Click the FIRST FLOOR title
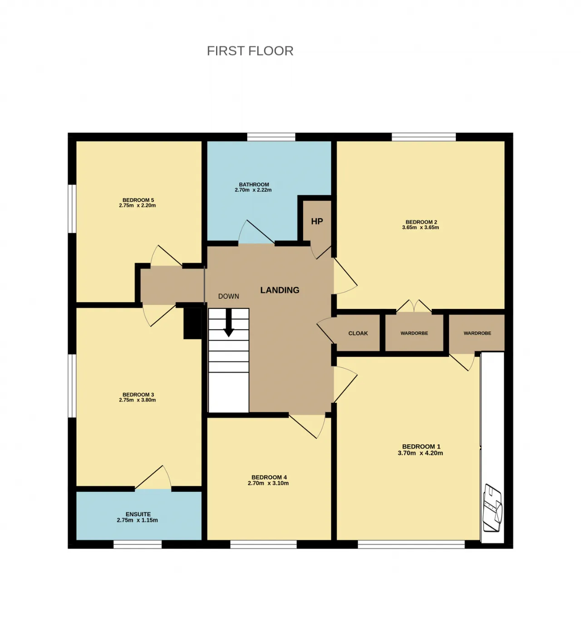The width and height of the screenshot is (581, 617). (250, 51)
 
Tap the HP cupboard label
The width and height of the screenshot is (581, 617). (317, 221)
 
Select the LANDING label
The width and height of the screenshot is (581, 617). (280, 290)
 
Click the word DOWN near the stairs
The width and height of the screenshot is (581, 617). (228, 296)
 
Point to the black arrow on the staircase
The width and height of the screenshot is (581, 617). (229, 323)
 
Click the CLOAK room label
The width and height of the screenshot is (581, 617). (358, 333)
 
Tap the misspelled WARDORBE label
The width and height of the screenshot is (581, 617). (414, 333)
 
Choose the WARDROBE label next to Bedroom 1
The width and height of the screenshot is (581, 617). (477, 333)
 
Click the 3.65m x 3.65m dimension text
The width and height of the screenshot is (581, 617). (420, 227)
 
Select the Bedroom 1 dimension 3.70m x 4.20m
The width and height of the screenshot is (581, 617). (420, 453)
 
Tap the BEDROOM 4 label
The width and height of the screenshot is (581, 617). (269, 477)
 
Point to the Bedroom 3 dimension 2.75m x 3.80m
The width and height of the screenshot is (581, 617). (137, 400)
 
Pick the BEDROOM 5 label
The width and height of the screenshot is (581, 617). (138, 200)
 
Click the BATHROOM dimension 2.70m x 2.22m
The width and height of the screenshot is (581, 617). (253, 190)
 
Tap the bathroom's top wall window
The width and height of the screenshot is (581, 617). (271, 137)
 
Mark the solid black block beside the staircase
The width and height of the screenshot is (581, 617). (193, 323)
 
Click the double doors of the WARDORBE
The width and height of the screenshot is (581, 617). (414, 306)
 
